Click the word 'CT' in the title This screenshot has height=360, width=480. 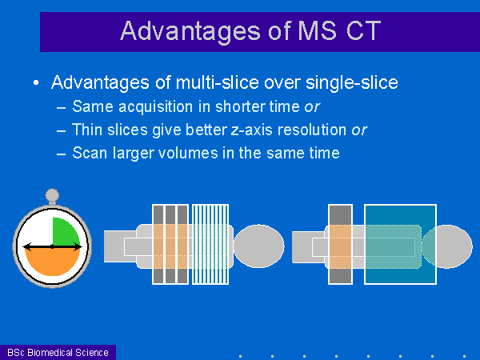click(x=363, y=30)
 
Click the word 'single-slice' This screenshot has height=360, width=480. click(x=352, y=82)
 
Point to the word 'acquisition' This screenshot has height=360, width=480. click(x=156, y=107)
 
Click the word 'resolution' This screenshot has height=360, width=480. click(x=312, y=130)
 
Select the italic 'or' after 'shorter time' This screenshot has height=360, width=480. click(x=313, y=107)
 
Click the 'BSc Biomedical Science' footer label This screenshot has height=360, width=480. click(x=58, y=352)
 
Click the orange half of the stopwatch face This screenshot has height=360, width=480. click(x=52, y=260)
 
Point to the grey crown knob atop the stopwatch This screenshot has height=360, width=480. click(x=52, y=195)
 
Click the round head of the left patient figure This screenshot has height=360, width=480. click(x=259, y=246)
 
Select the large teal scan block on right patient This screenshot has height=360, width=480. click(x=401, y=245)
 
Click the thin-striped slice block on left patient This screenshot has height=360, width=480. click(x=210, y=244)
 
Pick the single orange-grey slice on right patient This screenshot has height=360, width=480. click(x=341, y=245)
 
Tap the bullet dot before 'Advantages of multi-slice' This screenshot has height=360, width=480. click(x=36, y=82)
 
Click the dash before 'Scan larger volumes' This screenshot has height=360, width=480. click(x=62, y=154)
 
